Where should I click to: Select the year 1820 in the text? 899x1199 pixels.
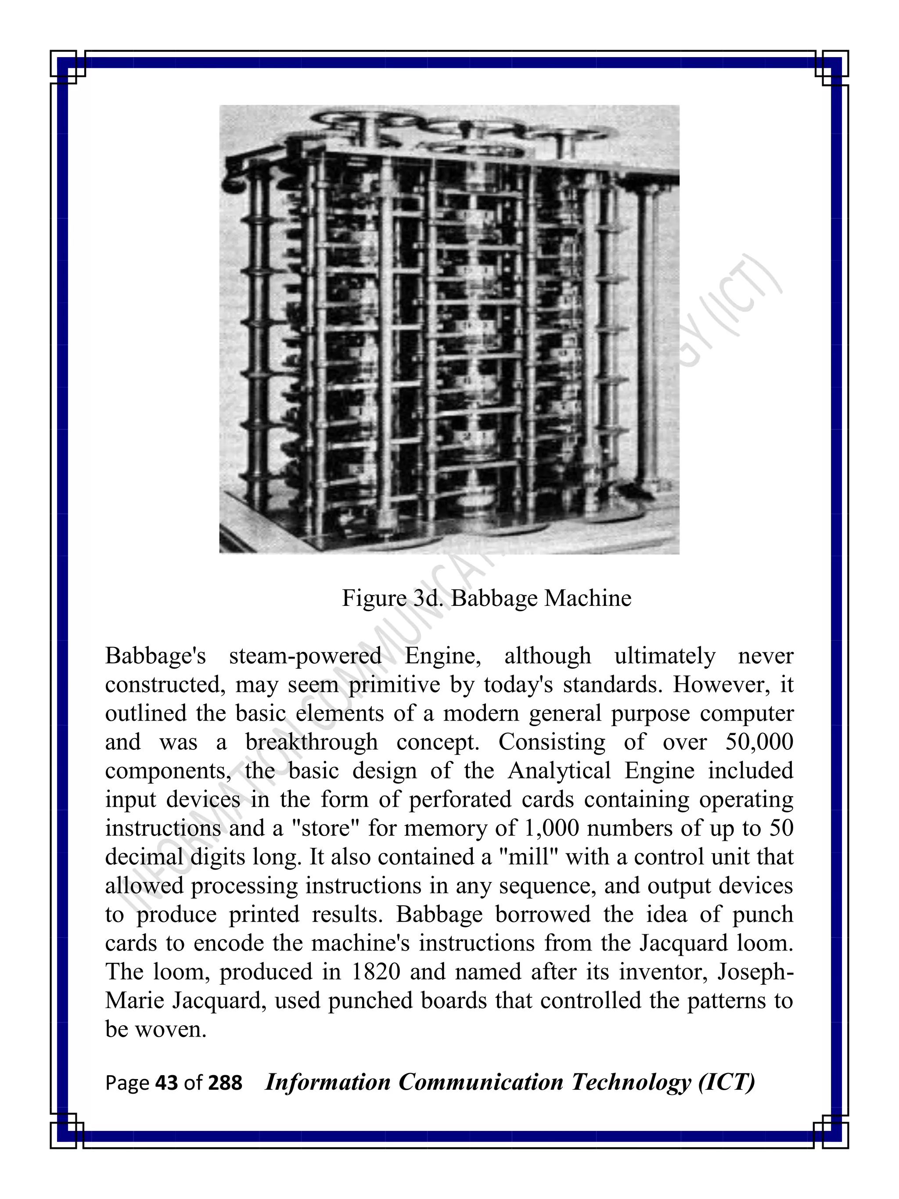(x=375, y=972)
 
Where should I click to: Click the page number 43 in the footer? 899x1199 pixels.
(x=166, y=1083)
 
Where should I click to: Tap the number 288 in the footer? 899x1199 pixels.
(x=226, y=1083)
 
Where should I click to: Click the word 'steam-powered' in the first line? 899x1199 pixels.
(x=305, y=656)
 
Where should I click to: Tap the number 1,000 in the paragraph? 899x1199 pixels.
(x=551, y=828)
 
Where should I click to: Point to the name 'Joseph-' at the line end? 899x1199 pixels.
(x=755, y=972)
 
